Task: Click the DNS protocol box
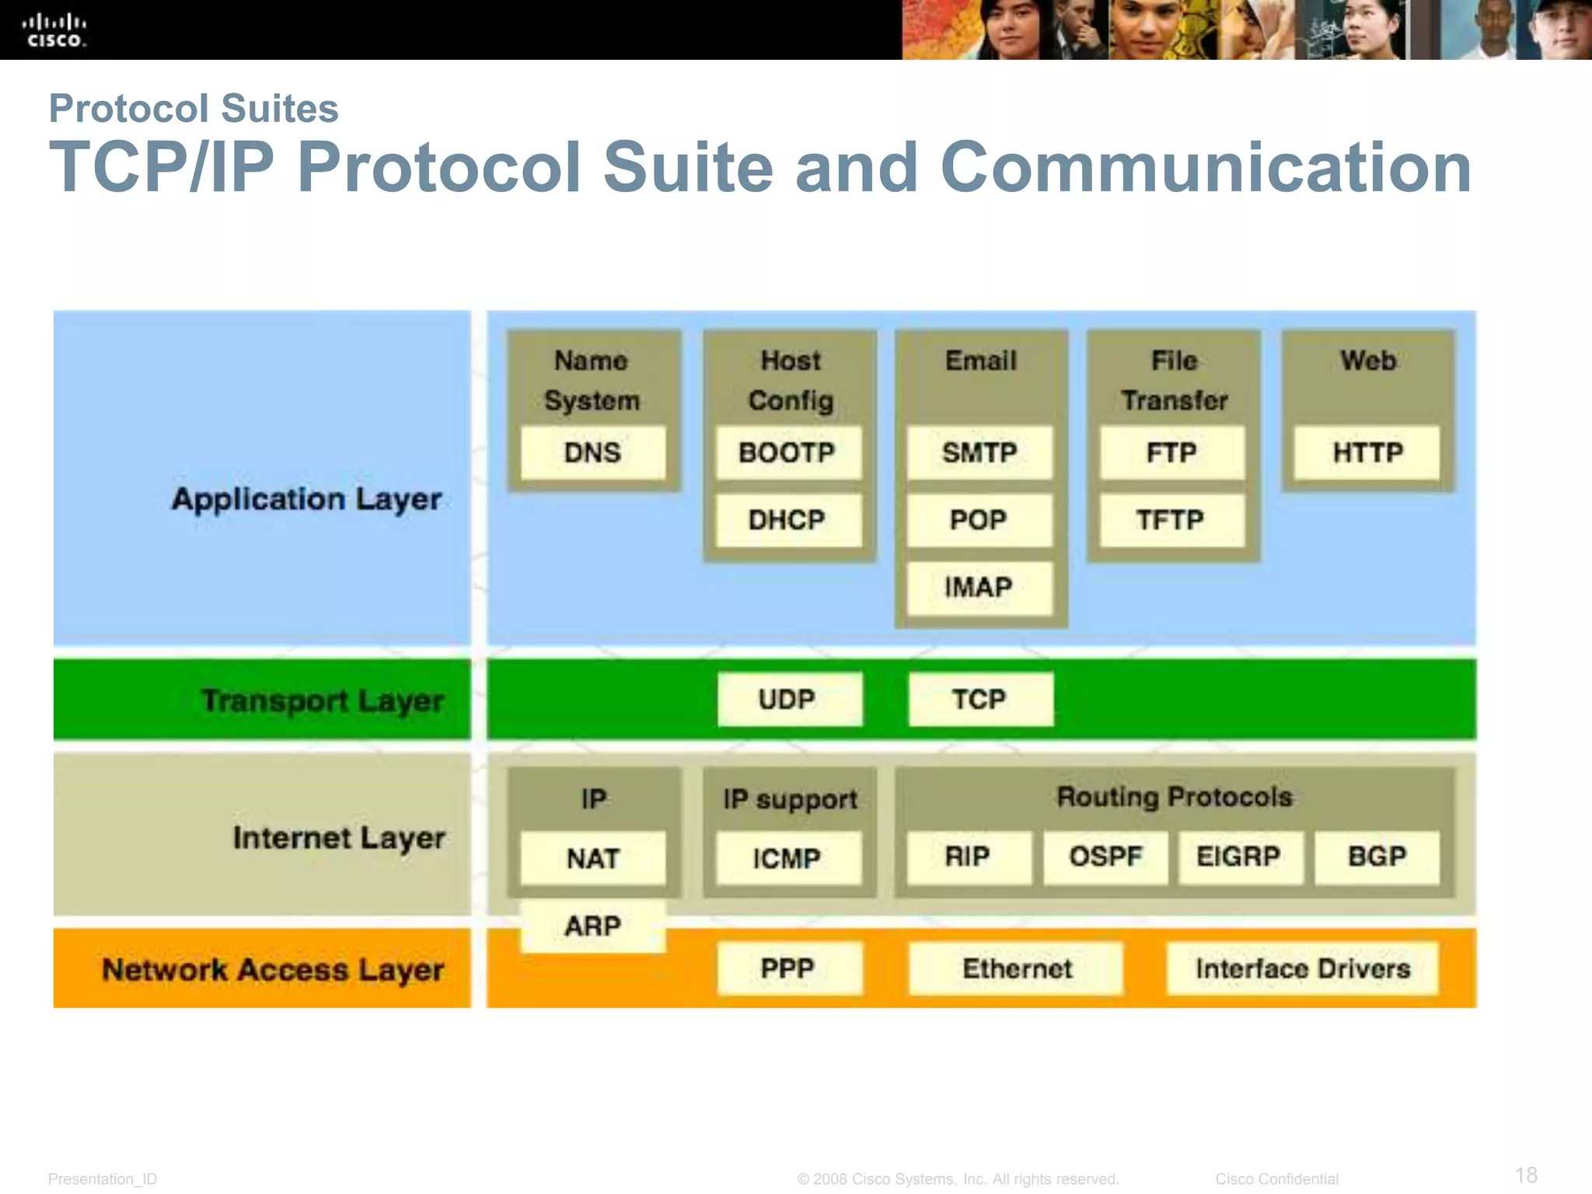click(x=592, y=452)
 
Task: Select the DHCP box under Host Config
click(x=787, y=520)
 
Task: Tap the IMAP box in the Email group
click(x=979, y=588)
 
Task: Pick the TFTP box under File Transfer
click(x=1171, y=520)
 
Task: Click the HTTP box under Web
click(x=1367, y=452)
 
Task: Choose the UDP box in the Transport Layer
click(x=788, y=700)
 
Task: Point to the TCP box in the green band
click(x=980, y=700)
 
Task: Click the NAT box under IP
click(x=592, y=858)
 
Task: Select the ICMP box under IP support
click(x=787, y=858)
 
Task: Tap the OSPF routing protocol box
click(x=1105, y=857)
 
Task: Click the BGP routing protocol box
click(x=1376, y=857)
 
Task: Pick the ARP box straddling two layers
click(x=592, y=926)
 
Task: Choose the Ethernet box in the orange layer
click(x=1016, y=969)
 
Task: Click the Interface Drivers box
click(x=1302, y=969)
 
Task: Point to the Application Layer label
click(x=306, y=499)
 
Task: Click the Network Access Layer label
click(x=272, y=969)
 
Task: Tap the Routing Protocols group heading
click(x=1174, y=797)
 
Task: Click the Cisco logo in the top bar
click(x=54, y=30)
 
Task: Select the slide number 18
click(x=1526, y=1175)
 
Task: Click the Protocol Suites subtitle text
click(x=194, y=108)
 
